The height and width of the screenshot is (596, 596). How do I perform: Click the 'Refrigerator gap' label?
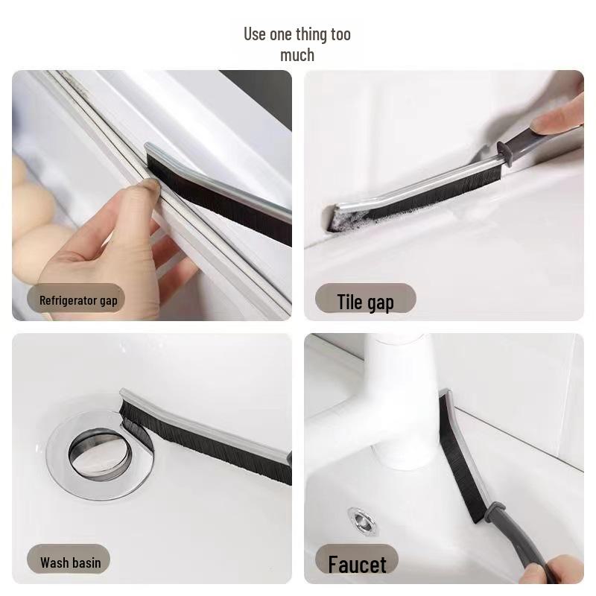[78, 301]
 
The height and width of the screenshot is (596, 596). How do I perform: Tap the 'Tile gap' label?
[365, 302]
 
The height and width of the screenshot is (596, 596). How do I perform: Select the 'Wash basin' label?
[70, 562]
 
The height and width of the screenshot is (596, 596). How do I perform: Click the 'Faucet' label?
[357, 565]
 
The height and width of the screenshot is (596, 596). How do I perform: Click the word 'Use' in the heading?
[255, 34]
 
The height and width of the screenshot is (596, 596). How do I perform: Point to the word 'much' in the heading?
[297, 55]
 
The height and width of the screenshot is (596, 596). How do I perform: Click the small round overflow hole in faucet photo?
[361, 519]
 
